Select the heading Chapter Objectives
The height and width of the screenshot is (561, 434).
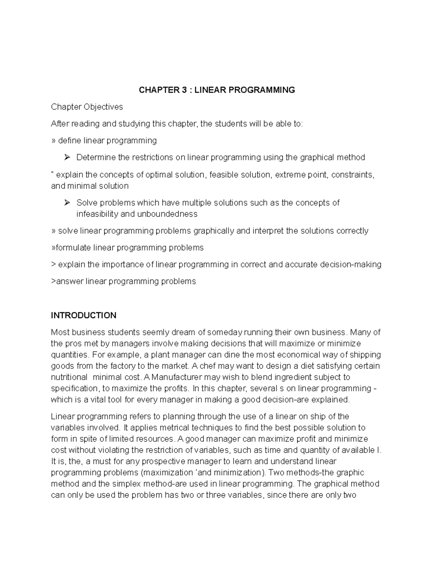pyautogui.click(x=87, y=107)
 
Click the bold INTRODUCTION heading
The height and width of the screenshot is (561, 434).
pyautogui.click(x=84, y=315)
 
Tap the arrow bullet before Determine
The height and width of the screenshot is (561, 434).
pyautogui.click(x=67, y=157)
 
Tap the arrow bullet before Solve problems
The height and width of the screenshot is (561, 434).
pyautogui.click(x=67, y=203)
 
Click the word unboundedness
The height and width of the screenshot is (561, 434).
pyautogui.click(x=167, y=214)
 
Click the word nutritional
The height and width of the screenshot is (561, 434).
pyautogui.click(x=69, y=377)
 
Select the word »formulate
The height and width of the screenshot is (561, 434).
pyautogui.click(x=71, y=248)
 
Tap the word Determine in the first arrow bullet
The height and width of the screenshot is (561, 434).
pyautogui.click(x=96, y=157)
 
